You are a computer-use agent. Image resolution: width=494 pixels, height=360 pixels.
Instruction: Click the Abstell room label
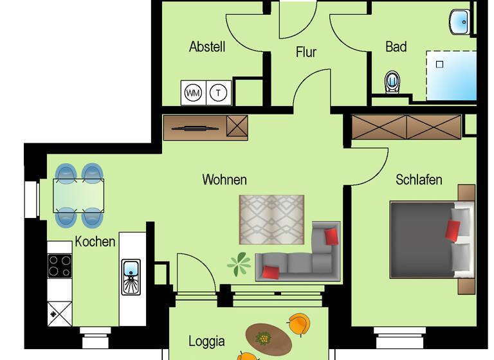[x=207, y=47]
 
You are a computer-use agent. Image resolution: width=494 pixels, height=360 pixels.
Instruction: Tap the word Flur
[x=306, y=52]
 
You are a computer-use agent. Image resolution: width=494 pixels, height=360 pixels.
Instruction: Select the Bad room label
[x=396, y=47]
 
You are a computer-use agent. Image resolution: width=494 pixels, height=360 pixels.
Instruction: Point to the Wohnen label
[x=224, y=179]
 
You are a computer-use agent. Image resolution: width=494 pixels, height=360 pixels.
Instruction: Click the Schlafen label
[x=419, y=179]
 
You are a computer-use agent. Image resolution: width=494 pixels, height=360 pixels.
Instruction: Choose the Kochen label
[x=95, y=242]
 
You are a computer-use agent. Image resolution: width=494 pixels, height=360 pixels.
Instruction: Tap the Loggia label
[x=206, y=341]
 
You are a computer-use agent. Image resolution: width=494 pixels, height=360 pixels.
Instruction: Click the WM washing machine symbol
[x=193, y=93]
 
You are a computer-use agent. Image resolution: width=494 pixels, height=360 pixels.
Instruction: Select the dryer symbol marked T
[x=219, y=93]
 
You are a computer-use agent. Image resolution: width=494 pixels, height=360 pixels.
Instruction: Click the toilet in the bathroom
[x=392, y=82]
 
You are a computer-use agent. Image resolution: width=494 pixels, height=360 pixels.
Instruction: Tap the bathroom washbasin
[x=461, y=21]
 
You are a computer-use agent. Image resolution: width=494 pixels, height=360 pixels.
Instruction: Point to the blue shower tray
[x=451, y=76]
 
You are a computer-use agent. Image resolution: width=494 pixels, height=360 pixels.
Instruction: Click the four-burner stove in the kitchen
[x=60, y=265]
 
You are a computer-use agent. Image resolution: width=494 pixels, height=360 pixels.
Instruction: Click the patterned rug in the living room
[x=271, y=220]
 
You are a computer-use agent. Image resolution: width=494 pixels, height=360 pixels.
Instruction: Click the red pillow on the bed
[x=453, y=230]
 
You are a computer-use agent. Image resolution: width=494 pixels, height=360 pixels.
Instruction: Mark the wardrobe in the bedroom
[x=407, y=127]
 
